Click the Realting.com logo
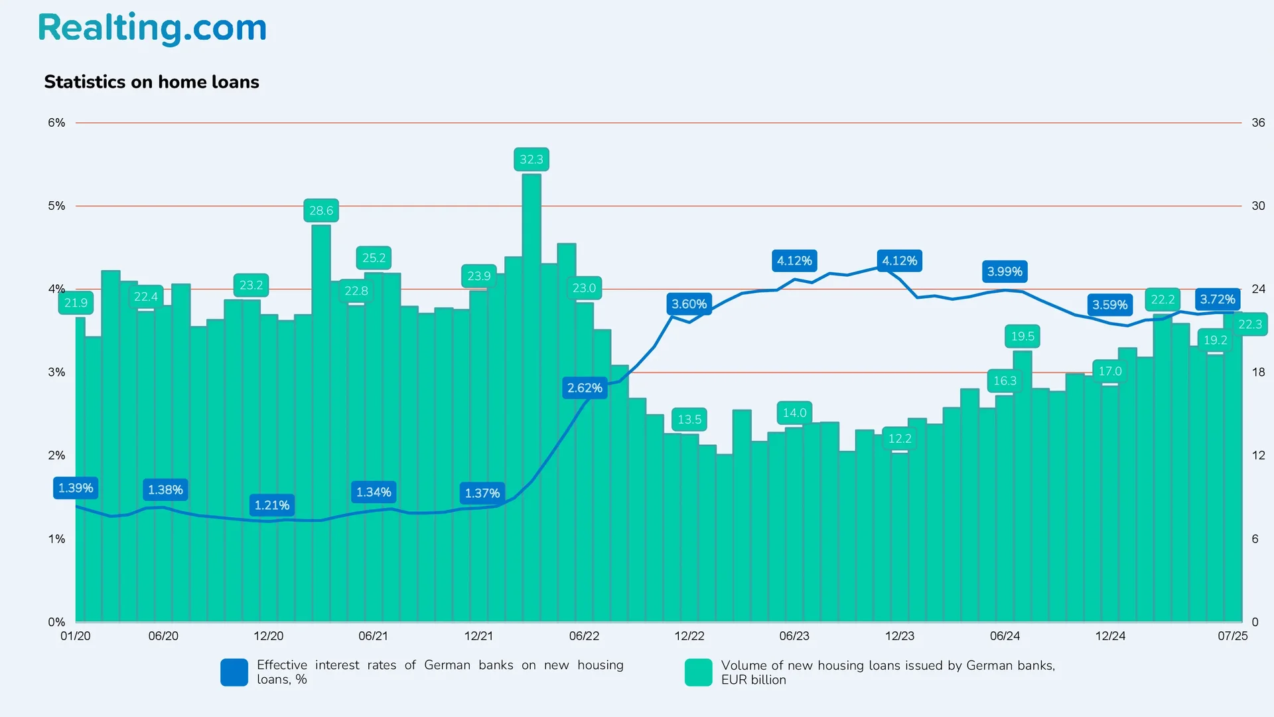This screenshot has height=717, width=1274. coord(152,28)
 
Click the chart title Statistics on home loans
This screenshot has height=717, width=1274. coord(151,82)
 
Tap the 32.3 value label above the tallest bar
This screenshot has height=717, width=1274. coord(531,159)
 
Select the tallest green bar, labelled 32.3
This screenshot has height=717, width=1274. coord(531,398)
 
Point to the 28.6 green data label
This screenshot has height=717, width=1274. coord(321,210)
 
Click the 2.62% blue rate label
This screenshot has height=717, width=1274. coord(585,388)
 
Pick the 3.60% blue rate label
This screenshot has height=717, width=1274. coord(689,304)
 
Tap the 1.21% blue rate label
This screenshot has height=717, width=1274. coord(272,505)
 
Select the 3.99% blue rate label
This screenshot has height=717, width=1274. coord(1005,272)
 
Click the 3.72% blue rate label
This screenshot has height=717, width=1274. coord(1218,299)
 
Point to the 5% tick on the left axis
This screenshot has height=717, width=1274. coord(56,206)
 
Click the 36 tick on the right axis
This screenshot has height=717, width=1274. coord(1258,123)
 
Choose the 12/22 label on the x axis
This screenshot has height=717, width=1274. coord(689,636)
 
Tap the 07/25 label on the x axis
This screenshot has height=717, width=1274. coord(1232,636)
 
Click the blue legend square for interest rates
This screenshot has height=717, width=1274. coord(234,672)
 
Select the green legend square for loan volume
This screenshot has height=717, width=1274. coord(698,672)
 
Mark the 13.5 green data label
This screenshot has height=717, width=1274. coord(689,420)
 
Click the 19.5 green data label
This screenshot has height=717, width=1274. coord(1023,337)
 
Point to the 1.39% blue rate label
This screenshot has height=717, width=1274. coord(76,488)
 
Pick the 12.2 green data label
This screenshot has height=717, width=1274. coord(900,439)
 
